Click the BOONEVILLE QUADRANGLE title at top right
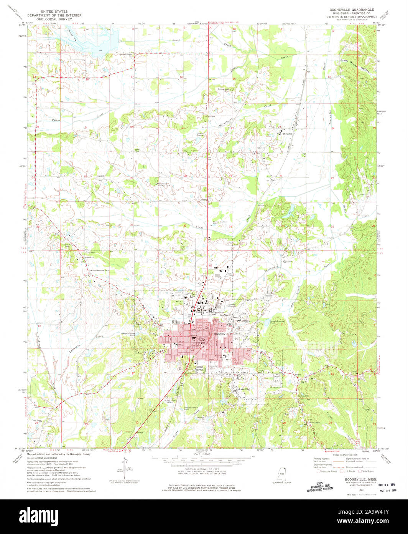[x=349, y=9]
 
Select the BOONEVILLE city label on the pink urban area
[x=223, y=335]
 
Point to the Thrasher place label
[x=287, y=134]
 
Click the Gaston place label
[x=100, y=175]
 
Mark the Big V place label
[x=304, y=382]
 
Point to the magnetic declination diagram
[x=127, y=469]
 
